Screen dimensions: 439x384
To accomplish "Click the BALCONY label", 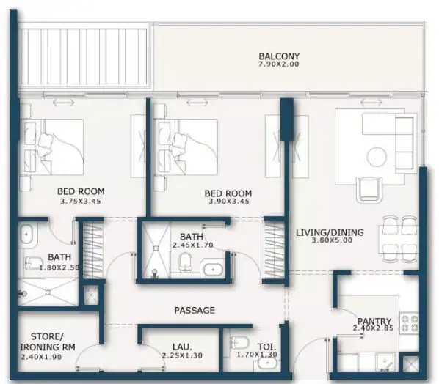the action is pyautogui.click(x=279, y=56).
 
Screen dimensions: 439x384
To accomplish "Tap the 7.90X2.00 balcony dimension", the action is pyautogui.click(x=278, y=64).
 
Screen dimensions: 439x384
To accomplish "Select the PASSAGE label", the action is pyautogui.click(x=195, y=310).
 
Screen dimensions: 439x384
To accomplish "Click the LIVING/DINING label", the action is pyautogui.click(x=330, y=232).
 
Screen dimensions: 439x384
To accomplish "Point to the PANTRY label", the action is pyautogui.click(x=374, y=321).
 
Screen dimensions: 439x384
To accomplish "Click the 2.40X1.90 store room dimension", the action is pyautogui.click(x=41, y=357).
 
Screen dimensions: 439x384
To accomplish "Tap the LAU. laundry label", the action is pyautogui.click(x=182, y=347).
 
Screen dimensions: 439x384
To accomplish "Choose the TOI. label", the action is pyautogui.click(x=266, y=347).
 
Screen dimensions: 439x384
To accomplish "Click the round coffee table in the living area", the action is pyautogui.click(x=377, y=158).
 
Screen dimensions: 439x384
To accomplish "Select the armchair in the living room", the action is pyautogui.click(x=369, y=189).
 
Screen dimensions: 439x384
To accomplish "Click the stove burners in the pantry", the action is pyautogui.click(x=409, y=323).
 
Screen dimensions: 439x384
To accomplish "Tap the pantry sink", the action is pyautogui.click(x=386, y=363).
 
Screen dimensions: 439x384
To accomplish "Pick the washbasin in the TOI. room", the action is pyautogui.click(x=267, y=363).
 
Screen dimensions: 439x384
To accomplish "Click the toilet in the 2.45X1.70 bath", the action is pyautogui.click(x=185, y=262).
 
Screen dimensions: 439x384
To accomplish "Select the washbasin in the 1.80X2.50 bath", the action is pyautogui.click(x=27, y=235).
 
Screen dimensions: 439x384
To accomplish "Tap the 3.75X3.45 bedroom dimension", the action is pyautogui.click(x=81, y=201).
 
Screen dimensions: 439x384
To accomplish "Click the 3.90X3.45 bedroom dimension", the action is pyautogui.click(x=229, y=202).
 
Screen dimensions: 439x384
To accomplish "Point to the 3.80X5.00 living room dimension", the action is pyautogui.click(x=332, y=240).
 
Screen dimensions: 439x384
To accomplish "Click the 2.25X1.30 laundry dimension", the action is pyautogui.click(x=182, y=355).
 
